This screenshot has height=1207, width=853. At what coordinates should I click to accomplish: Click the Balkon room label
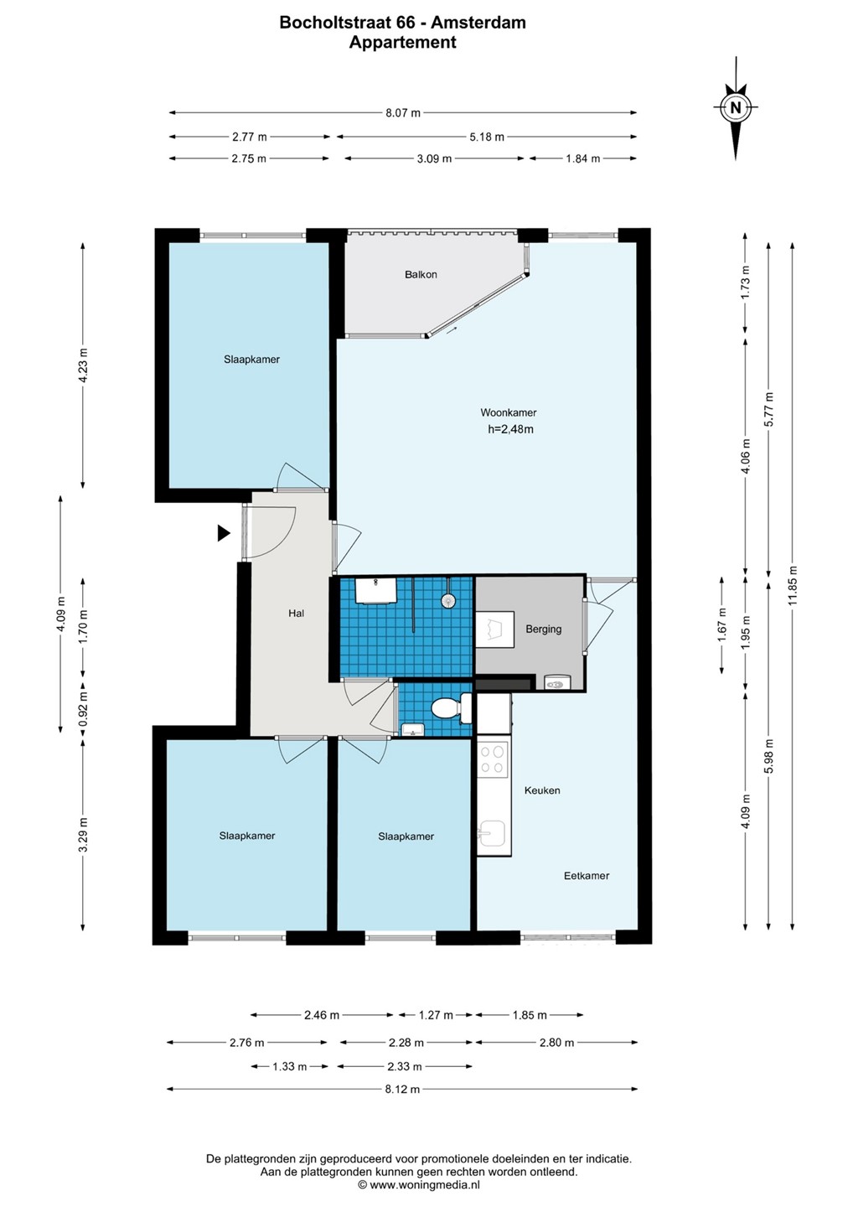click(x=421, y=274)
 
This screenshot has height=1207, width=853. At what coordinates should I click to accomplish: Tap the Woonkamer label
click(x=509, y=412)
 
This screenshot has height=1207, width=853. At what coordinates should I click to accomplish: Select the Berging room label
click(x=543, y=629)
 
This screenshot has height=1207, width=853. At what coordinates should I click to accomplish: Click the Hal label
click(x=296, y=613)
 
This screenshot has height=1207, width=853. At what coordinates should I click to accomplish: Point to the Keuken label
click(x=542, y=790)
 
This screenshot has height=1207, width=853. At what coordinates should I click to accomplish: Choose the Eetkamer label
click(x=587, y=875)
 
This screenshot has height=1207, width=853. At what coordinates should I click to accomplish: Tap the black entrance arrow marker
click(x=224, y=533)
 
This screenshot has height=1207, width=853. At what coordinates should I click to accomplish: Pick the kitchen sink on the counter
click(x=492, y=833)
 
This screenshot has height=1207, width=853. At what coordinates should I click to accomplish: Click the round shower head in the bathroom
click(x=447, y=599)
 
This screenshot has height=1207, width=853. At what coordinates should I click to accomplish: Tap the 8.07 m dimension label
click(x=402, y=112)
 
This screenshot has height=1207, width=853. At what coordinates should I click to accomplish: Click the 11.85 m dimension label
click(x=792, y=585)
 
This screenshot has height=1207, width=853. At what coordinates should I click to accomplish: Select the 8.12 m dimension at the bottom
click(x=402, y=1089)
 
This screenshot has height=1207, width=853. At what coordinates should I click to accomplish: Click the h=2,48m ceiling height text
click(x=510, y=429)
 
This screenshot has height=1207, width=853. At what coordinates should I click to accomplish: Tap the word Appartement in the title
click(x=402, y=42)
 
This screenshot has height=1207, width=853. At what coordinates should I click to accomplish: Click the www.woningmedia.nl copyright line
click(x=418, y=1184)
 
